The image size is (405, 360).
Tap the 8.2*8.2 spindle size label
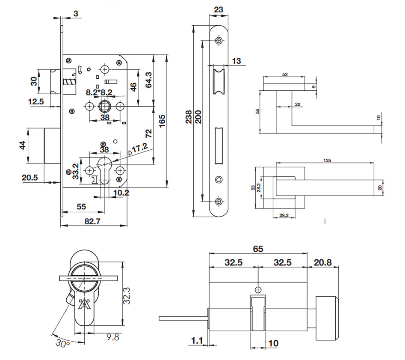coord(99,92)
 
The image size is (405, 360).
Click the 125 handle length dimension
coord(327,161)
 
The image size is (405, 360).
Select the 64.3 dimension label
coord(149,79)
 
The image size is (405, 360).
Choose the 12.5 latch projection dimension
coord(37,101)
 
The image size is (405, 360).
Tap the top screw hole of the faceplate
coord(219,41)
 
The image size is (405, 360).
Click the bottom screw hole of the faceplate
coord(219,201)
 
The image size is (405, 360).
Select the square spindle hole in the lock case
coord(105,106)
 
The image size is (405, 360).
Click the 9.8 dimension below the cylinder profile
coord(112,337)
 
